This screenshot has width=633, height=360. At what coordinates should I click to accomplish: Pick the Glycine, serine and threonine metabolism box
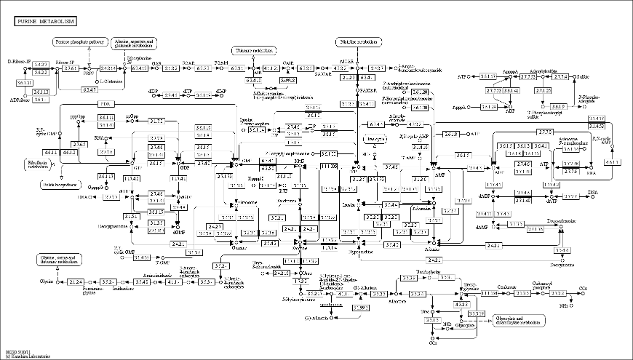coord(61,260)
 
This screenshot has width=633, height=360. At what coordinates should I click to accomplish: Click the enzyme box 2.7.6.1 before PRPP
coord(70,68)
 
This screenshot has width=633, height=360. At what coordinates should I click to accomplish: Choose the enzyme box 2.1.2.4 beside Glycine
coord(76,281)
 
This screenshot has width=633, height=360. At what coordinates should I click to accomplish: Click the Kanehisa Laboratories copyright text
coord(28,356)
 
